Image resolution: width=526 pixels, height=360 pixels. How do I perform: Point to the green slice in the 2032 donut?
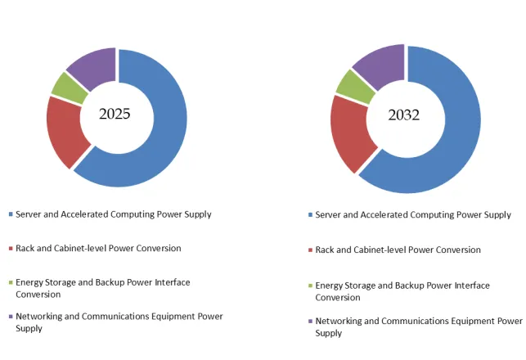point(353,86)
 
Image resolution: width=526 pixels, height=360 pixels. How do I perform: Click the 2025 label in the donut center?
point(115,115)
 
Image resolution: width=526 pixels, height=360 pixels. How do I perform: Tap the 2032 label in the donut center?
point(404,115)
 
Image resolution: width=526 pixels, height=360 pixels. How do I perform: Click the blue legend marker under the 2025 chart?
point(10,214)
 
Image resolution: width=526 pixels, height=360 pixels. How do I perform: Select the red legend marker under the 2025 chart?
point(10,249)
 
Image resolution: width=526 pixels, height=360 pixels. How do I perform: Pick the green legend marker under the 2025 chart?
point(10,282)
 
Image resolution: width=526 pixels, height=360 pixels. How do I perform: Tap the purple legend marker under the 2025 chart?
point(10,317)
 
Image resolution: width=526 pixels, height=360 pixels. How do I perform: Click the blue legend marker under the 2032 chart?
point(310,215)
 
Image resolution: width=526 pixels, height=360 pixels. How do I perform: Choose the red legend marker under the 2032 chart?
point(310,250)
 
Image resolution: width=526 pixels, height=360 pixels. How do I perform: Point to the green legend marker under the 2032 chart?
point(310,286)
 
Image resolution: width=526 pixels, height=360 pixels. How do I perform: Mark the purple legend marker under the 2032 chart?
point(310,322)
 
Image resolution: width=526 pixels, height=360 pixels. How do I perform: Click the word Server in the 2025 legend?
point(30,214)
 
